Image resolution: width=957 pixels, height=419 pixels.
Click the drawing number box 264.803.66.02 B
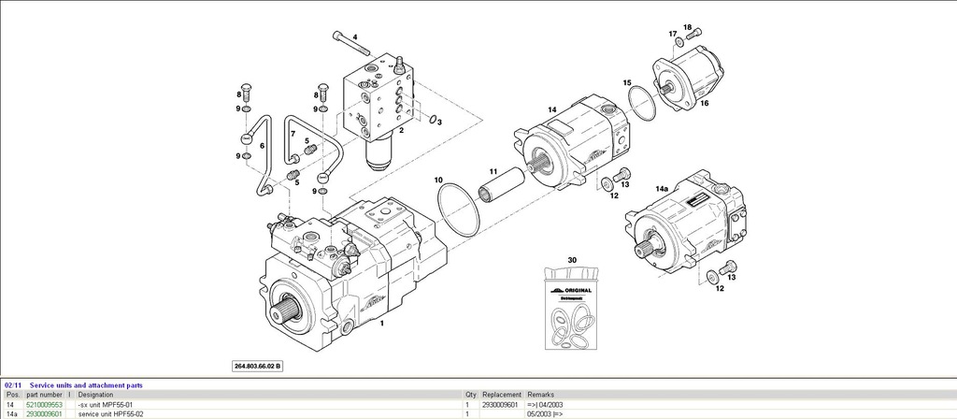[257, 365]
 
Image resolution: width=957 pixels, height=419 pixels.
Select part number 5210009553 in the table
[44, 404]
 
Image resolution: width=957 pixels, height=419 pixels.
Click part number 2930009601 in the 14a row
[44, 413]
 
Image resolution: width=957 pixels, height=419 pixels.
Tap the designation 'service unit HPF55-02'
[111, 413]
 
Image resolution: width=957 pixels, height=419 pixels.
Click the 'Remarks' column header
[541, 395]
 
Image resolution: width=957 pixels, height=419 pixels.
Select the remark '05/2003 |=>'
[545, 413]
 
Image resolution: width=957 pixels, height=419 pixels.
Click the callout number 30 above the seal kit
[572, 259]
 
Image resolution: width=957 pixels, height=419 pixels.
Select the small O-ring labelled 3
[435, 118]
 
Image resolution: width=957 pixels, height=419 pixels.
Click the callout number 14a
[662, 189]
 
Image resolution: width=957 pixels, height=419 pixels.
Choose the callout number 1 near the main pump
[380, 324]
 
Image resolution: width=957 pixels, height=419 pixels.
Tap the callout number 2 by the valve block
[401, 131]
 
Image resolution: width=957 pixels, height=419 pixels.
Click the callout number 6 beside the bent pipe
[262, 146]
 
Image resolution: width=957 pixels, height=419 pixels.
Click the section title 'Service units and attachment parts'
[86, 384]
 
